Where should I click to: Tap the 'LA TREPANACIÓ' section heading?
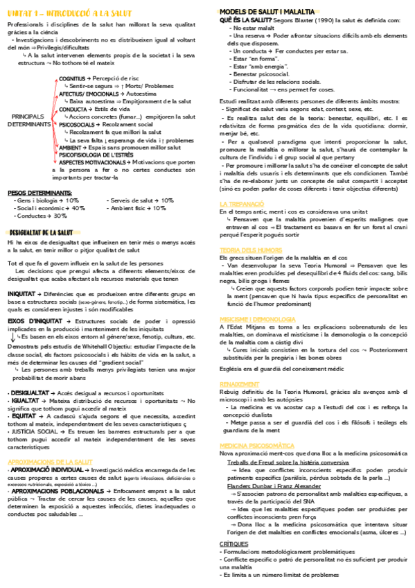coord(242,204)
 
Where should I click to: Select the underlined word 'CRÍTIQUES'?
coord(233,544)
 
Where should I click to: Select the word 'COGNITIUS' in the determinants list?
coord(73,79)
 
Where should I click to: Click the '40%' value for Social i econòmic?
coord(78,208)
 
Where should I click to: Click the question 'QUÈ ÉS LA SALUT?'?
coord(242,21)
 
